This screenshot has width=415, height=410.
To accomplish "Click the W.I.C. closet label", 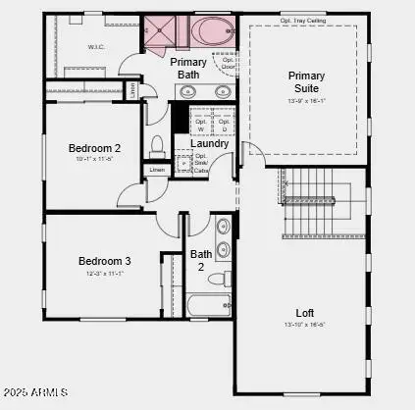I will (97, 46).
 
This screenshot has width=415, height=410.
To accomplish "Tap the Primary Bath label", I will (188, 68).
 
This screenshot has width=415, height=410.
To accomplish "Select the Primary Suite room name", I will (306, 81).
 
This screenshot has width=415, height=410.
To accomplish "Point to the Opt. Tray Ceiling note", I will (304, 19).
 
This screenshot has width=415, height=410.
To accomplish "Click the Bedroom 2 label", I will (93, 148).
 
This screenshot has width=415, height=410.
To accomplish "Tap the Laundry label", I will (210, 143).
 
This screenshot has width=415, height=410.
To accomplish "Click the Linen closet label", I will (157, 170).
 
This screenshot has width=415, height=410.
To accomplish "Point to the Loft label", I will (307, 312).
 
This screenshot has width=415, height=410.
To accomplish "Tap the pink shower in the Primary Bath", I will (161, 32).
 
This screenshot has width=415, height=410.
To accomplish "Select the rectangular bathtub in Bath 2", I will (207, 304).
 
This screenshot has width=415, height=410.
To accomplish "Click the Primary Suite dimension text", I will (306, 99).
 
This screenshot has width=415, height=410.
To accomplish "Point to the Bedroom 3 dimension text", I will (104, 274).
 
